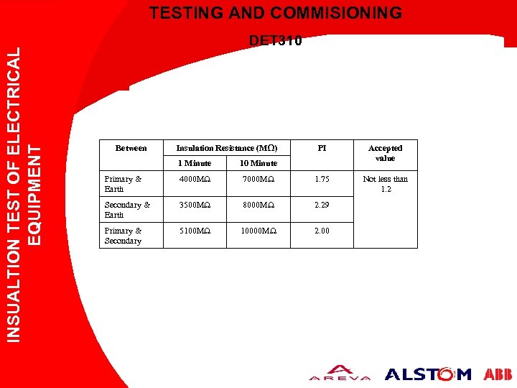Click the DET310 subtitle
275,41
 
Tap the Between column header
131,149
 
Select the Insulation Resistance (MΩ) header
227,149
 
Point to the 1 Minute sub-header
195,163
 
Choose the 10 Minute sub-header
258,163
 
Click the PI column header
322,149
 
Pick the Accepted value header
386,153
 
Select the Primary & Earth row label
123,184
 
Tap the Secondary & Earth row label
127,210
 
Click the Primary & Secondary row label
123,236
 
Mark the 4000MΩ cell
195,179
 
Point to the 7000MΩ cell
258,179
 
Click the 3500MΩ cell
195,205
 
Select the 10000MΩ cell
258,231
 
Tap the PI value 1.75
322,179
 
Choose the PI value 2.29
322,205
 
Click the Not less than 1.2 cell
386,184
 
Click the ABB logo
498,374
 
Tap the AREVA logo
340,374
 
